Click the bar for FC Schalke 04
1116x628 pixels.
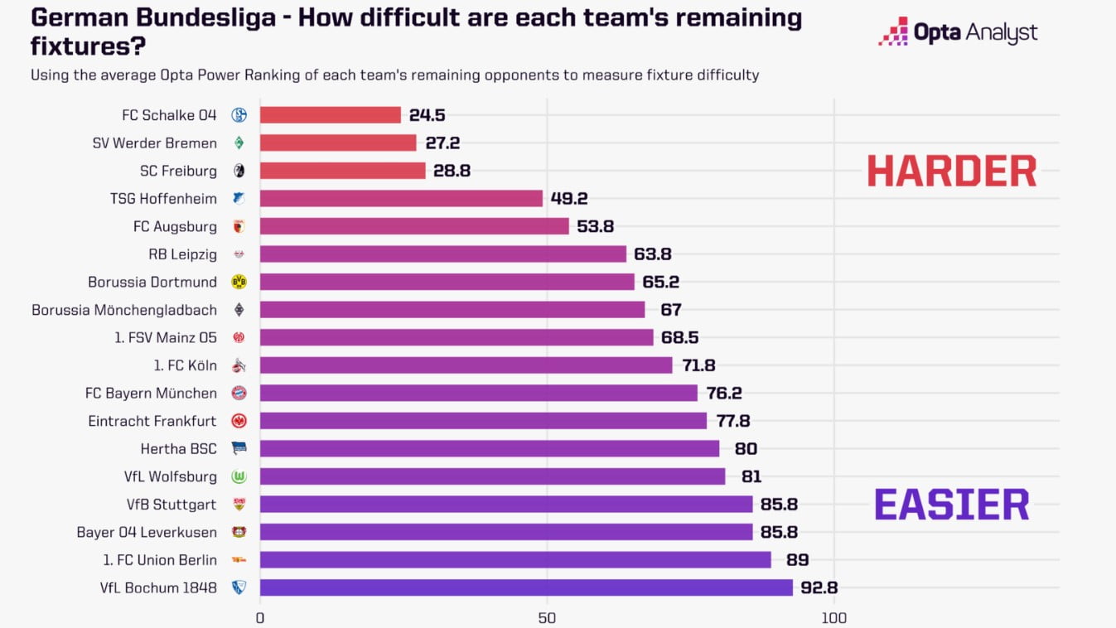click(x=331, y=115)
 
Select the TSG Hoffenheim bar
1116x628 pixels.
click(x=401, y=199)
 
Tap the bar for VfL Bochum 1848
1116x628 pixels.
click(x=526, y=587)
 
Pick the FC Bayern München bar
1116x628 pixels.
click(x=479, y=393)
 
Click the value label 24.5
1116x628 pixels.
click(x=427, y=115)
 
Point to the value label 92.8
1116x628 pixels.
click(x=819, y=587)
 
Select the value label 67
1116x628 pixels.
click(x=670, y=310)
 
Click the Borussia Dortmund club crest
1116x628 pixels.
click(x=239, y=283)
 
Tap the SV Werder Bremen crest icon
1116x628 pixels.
click(x=239, y=143)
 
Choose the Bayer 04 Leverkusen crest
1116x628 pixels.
click(x=239, y=532)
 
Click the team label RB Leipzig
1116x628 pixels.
click(x=182, y=254)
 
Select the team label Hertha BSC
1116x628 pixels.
click(x=178, y=449)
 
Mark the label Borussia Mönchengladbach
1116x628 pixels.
click(x=124, y=310)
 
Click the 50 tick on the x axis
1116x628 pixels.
click(x=546, y=617)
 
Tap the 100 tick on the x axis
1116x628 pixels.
click(x=833, y=617)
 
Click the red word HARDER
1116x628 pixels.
click(x=951, y=171)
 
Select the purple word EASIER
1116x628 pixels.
click(x=951, y=505)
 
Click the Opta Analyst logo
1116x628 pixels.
click(x=958, y=33)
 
